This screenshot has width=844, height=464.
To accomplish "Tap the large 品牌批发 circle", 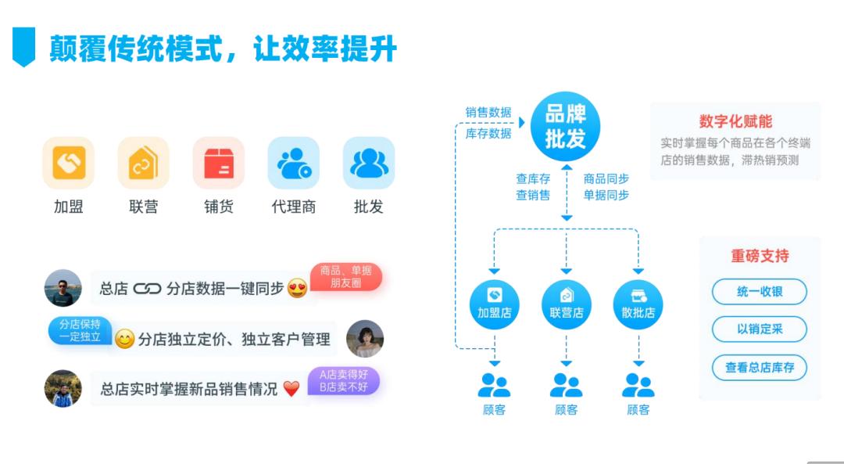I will coord(566,127).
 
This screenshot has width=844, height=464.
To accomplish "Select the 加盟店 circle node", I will coord(494,304).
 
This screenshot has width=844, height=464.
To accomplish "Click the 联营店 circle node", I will coord(567,304).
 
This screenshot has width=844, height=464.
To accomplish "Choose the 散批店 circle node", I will coord(638,304).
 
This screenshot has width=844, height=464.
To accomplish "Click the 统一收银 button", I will coord(759,292).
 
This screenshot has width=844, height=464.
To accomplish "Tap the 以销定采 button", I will coord(759,329).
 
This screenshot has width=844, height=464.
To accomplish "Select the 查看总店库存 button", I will coord(759,367).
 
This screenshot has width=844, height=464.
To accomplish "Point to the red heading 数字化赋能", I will coord(735,121).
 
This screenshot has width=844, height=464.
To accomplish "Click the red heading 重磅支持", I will coord(760,256).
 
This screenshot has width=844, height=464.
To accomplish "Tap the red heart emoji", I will coord(291,389).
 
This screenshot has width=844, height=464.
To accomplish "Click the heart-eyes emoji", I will coord(297,288).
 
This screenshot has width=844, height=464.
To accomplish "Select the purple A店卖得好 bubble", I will coord(344,381).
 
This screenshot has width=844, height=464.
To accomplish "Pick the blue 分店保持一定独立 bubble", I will coord(80,330).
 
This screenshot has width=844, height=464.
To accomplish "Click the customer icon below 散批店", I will coord(638,385).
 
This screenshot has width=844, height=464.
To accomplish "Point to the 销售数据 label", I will coord(488,113).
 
